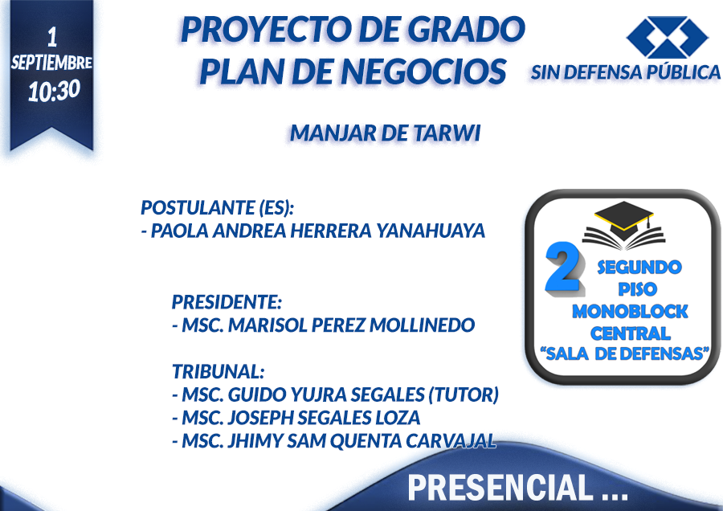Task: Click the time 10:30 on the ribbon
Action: coord(54,91)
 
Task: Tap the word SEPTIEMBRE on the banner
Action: coord(51,62)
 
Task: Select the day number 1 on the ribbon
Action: coord(52,37)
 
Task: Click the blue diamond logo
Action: coord(668,37)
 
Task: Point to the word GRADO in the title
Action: coord(466,30)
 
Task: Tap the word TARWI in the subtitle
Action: coord(447,133)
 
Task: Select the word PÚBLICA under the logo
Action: coord(683,72)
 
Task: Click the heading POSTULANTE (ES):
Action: coord(217,207)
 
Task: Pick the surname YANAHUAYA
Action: coord(431,231)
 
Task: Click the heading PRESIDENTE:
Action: coord(227,302)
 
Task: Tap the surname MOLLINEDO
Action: coord(422,325)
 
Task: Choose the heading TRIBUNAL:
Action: coord(218,371)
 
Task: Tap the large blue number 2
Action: coord(564,268)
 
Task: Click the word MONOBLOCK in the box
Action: coord(630,312)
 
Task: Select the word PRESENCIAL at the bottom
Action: coord(500,487)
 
